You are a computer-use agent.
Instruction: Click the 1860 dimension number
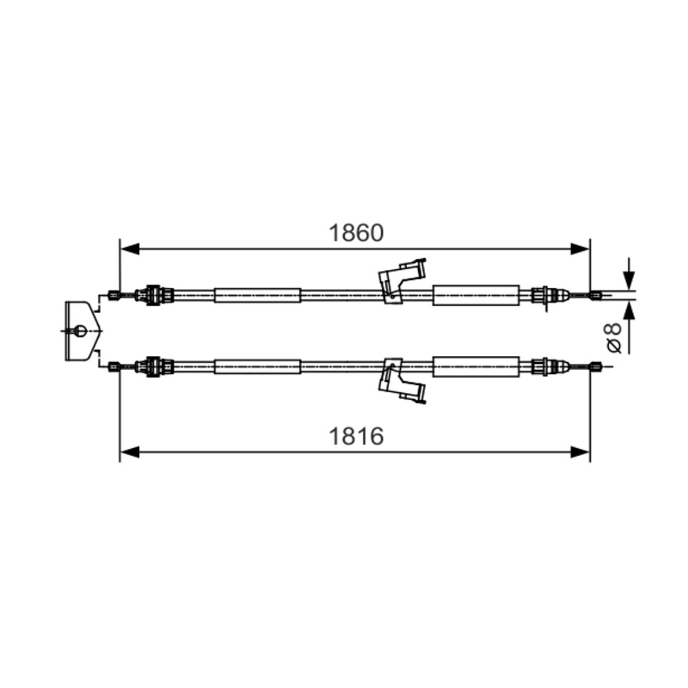tap(356, 233)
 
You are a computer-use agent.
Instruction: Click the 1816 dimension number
tap(356, 436)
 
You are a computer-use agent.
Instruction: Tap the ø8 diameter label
tap(614, 337)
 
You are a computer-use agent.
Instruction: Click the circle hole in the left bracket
tap(81, 330)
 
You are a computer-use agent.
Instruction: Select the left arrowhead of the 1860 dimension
tap(130, 249)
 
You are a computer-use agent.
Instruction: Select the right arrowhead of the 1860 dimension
tap(580, 249)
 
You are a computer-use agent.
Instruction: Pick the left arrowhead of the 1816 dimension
tap(130, 452)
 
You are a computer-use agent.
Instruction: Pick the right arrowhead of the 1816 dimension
tap(580, 452)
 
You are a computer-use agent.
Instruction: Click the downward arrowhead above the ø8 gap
tap(630, 279)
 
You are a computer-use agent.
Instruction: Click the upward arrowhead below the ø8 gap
tap(630, 311)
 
